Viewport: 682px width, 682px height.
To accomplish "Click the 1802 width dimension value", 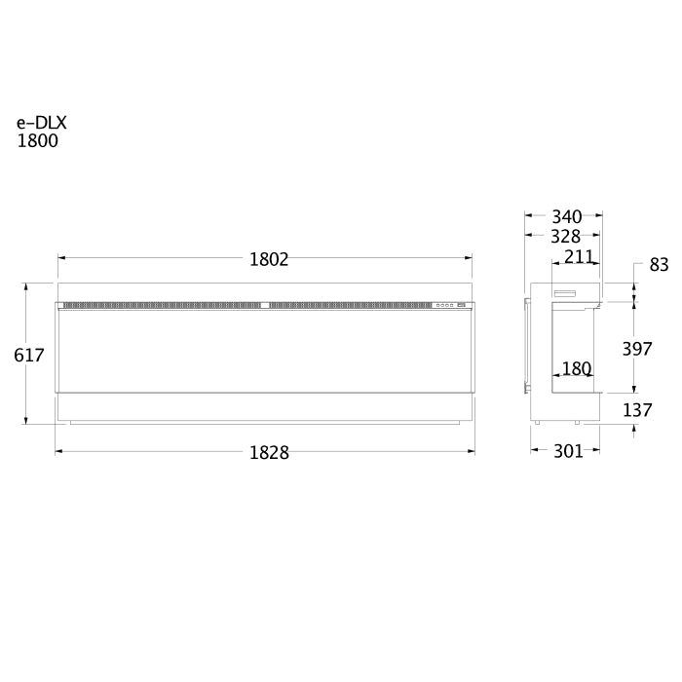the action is [x=269, y=260].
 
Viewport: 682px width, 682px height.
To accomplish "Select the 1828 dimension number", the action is [x=269, y=453].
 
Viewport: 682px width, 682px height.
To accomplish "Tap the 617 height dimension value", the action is [x=29, y=356].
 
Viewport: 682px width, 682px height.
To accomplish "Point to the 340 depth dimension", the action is [x=567, y=216].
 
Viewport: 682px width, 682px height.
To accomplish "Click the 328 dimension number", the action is [x=565, y=236].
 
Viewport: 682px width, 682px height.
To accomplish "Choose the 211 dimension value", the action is [x=579, y=257].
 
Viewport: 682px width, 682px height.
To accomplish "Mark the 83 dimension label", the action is [x=659, y=264].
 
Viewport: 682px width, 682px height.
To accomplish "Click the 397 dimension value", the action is [x=637, y=349].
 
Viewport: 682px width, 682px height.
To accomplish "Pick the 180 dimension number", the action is [x=577, y=369].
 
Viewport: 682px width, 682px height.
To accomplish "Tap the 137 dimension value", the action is [x=637, y=410].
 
